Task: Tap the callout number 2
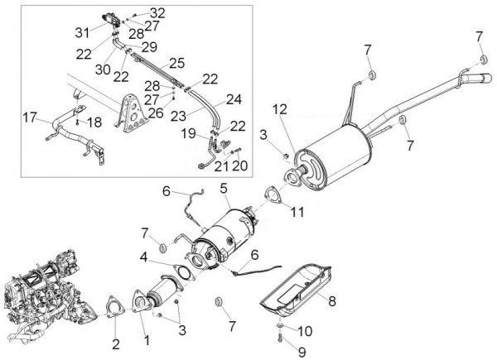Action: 115,343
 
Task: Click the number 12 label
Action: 281,108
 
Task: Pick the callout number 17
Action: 30,117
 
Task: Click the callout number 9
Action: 278,351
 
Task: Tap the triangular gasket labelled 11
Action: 271,197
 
